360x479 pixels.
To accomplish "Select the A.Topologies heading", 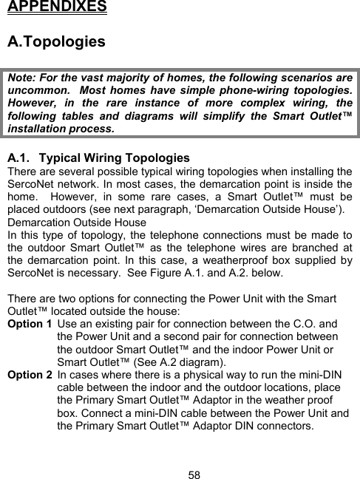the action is (x=56, y=41).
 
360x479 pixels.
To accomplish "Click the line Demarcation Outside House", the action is (x=76, y=220).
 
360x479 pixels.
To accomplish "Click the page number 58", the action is (x=194, y=473).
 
